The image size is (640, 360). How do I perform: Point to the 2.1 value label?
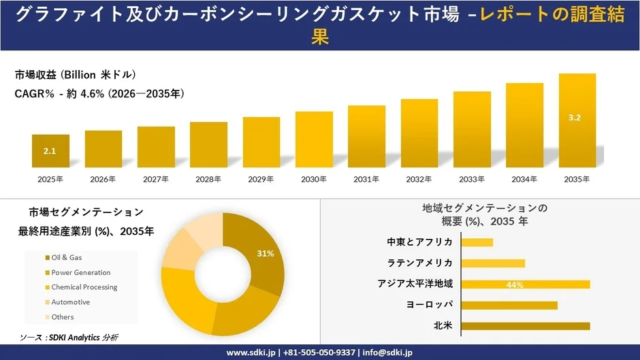pos(50,150)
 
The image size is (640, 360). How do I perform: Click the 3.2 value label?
pos(574,118)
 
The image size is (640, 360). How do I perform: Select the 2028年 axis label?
pos(208,179)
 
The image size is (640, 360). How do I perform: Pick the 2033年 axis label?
pos(471,179)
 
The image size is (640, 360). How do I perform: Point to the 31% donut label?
pos(265,254)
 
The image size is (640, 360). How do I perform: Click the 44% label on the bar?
pos(516,285)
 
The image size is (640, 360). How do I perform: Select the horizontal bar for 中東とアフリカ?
pos(477,242)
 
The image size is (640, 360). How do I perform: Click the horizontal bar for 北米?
pos(525,326)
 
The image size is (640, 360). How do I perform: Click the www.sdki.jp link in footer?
pos(250,352)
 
